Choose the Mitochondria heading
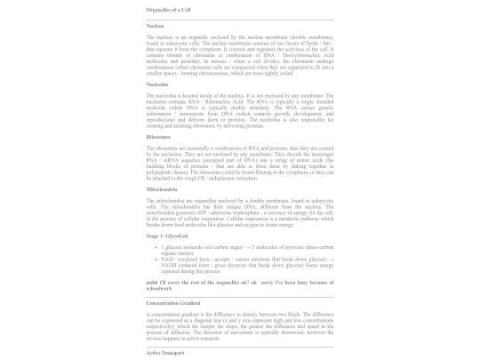point(162,189)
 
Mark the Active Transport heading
point(165,353)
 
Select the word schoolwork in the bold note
point(161,287)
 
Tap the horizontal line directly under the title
point(240,19)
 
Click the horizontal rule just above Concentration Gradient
point(240,295)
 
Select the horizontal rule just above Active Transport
point(240,346)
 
